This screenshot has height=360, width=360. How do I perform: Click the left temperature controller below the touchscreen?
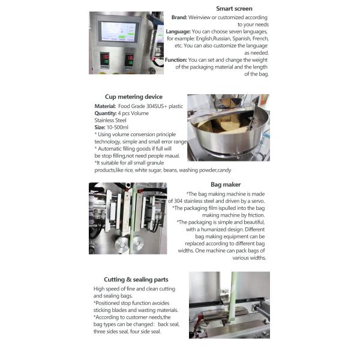(104, 60)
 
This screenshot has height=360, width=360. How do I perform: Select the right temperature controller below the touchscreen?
(129, 60)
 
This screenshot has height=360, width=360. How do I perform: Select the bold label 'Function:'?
(176, 60)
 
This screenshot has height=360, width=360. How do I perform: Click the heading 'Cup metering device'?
(133, 97)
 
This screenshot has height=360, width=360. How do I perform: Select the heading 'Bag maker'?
(226, 185)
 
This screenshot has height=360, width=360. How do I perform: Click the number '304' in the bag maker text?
(179, 201)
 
